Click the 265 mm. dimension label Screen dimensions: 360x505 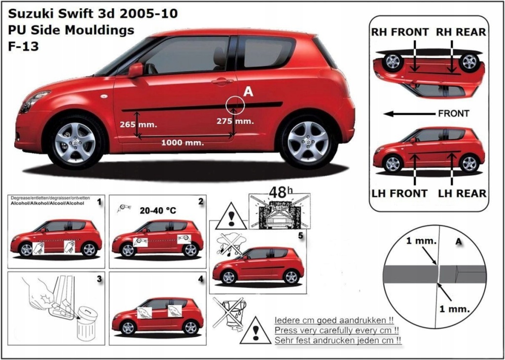coord(138,124)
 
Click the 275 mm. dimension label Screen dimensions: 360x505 coord(235,121)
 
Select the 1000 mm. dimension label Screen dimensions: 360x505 coord(182,143)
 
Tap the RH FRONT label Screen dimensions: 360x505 coord(400,32)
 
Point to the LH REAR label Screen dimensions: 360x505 coord(462,193)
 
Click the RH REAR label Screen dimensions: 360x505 coord(461,32)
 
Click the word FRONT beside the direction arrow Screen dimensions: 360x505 coord(453,113)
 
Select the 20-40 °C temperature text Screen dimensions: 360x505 coord(158,211)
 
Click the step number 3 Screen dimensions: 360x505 coord(99,279)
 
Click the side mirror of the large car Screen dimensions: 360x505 coord(135,70)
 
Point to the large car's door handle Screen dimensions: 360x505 coord(222,81)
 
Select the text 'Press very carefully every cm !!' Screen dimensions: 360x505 coord(337,330)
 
